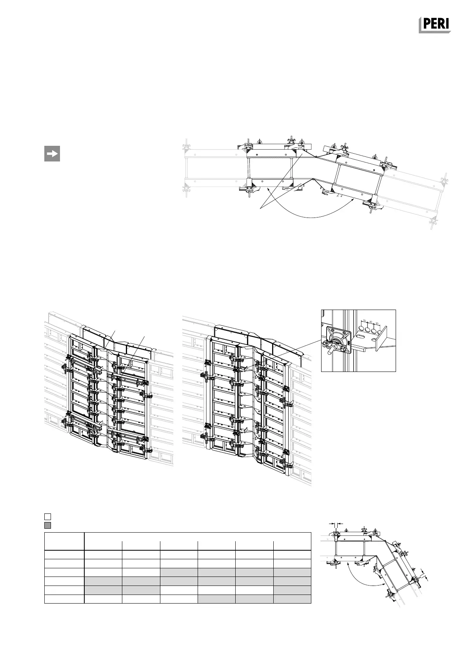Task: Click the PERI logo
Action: [x=434, y=25]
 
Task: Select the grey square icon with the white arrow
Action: [x=52, y=154]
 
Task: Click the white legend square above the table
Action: [x=47, y=516]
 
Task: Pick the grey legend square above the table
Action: [x=47, y=525]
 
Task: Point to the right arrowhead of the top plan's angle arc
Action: [x=355, y=199]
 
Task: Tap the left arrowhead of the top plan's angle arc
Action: [x=267, y=189]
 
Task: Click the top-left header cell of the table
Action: [x=64, y=541]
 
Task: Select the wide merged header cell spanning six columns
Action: [x=198, y=537]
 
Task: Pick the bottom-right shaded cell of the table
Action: [x=292, y=598]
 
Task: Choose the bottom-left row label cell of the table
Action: [x=64, y=598]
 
